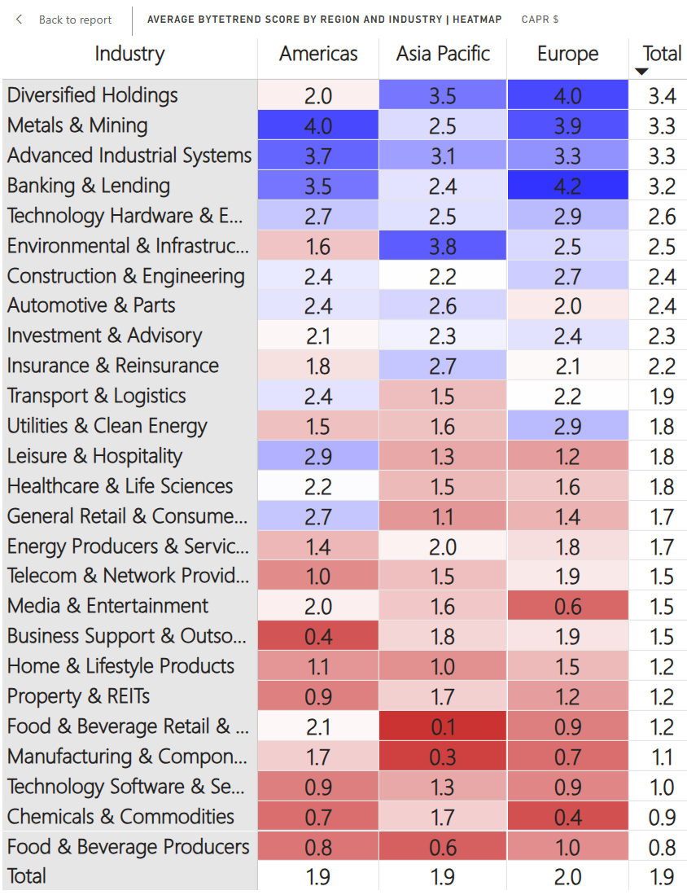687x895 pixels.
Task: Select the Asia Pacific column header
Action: [443, 55]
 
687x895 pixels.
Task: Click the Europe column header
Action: [567, 55]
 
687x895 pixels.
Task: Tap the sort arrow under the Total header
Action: [641, 72]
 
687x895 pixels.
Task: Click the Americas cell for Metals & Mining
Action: [317, 126]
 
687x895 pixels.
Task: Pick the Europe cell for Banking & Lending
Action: [567, 186]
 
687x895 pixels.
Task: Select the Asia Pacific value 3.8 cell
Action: [442, 247]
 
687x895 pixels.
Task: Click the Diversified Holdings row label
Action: [92, 95]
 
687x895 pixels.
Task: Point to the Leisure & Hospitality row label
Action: [94, 456]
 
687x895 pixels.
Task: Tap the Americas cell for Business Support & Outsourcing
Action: [317, 637]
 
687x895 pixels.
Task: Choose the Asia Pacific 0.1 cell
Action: [442, 727]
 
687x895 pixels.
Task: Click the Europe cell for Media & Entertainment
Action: [567, 607]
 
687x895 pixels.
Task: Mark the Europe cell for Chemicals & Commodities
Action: [567, 818]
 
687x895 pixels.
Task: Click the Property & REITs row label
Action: [78, 697]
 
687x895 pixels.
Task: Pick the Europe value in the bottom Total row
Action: [567, 877]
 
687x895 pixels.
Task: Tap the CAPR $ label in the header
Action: [540, 20]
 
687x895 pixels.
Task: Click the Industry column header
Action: [129, 55]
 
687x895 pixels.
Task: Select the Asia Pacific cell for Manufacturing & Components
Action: [442, 757]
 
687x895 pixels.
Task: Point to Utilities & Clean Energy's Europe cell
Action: [567, 427]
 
